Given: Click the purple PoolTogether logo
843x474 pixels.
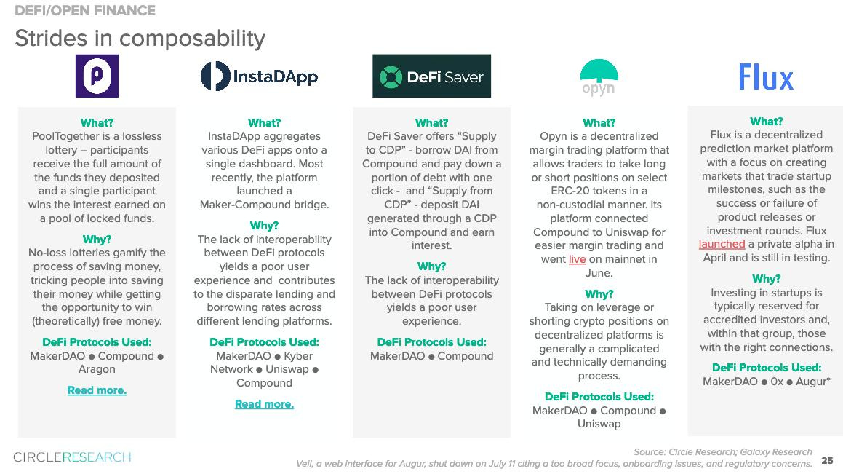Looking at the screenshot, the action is click(97, 76).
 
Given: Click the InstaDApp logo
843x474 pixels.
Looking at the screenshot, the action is click(259, 76).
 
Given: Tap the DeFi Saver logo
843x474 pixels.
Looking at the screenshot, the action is click(432, 76).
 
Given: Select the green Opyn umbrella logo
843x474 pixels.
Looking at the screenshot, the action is click(599, 77).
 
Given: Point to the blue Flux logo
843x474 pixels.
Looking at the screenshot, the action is click(766, 77).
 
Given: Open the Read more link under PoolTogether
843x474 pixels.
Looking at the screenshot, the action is click(97, 390).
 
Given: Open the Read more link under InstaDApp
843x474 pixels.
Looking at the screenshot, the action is click(265, 404).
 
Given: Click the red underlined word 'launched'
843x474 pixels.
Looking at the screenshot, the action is click(722, 244).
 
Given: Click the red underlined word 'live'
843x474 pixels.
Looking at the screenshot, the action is click(578, 259).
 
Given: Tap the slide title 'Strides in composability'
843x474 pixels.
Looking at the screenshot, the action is click(140, 38).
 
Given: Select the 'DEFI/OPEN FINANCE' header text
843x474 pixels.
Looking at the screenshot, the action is click(85, 10).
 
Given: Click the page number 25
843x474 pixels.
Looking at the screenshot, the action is click(828, 461).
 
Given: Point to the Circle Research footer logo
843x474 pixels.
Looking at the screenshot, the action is click(72, 457).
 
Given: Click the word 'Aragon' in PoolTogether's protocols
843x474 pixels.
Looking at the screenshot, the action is click(97, 369).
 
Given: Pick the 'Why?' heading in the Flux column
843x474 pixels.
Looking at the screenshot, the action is click(766, 279).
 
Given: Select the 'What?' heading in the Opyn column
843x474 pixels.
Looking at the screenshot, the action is click(599, 122).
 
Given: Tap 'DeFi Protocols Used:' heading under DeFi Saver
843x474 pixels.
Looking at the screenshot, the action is click(432, 342).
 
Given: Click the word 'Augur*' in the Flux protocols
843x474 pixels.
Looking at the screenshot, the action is click(813, 382).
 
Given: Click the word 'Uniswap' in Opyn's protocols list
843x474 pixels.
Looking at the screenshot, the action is click(599, 424).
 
